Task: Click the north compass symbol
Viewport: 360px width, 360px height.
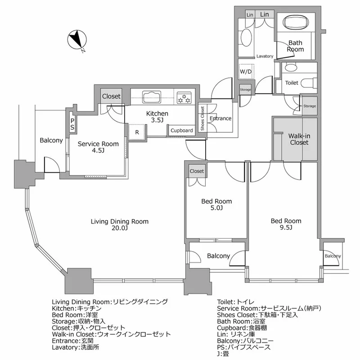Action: point(77,40)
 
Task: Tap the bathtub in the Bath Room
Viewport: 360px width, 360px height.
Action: point(295,22)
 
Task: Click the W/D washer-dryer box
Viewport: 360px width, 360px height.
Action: point(246,72)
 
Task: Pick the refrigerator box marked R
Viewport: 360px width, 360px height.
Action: point(137,132)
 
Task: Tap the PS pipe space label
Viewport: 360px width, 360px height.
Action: point(72,124)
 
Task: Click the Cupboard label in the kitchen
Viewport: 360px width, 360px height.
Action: point(182,130)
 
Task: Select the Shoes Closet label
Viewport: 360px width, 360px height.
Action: point(202,119)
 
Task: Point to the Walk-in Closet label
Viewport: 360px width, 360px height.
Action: point(299,139)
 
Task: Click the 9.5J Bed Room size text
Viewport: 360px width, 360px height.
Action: point(286,227)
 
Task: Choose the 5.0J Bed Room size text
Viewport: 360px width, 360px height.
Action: point(216,208)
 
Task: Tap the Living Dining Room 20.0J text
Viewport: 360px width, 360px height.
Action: point(120,225)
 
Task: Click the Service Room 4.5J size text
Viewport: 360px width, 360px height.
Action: point(98,150)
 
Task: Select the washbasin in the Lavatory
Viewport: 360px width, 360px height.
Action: point(246,37)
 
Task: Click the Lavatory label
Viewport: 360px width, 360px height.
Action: point(265,56)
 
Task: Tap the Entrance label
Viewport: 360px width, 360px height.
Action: point(220,118)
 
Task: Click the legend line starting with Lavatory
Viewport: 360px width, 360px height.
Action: point(76,347)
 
